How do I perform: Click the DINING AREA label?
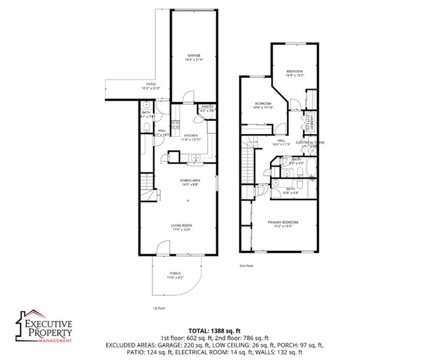point(190,182)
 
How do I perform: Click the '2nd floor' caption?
point(247,266)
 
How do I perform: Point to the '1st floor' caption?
point(159,308)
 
